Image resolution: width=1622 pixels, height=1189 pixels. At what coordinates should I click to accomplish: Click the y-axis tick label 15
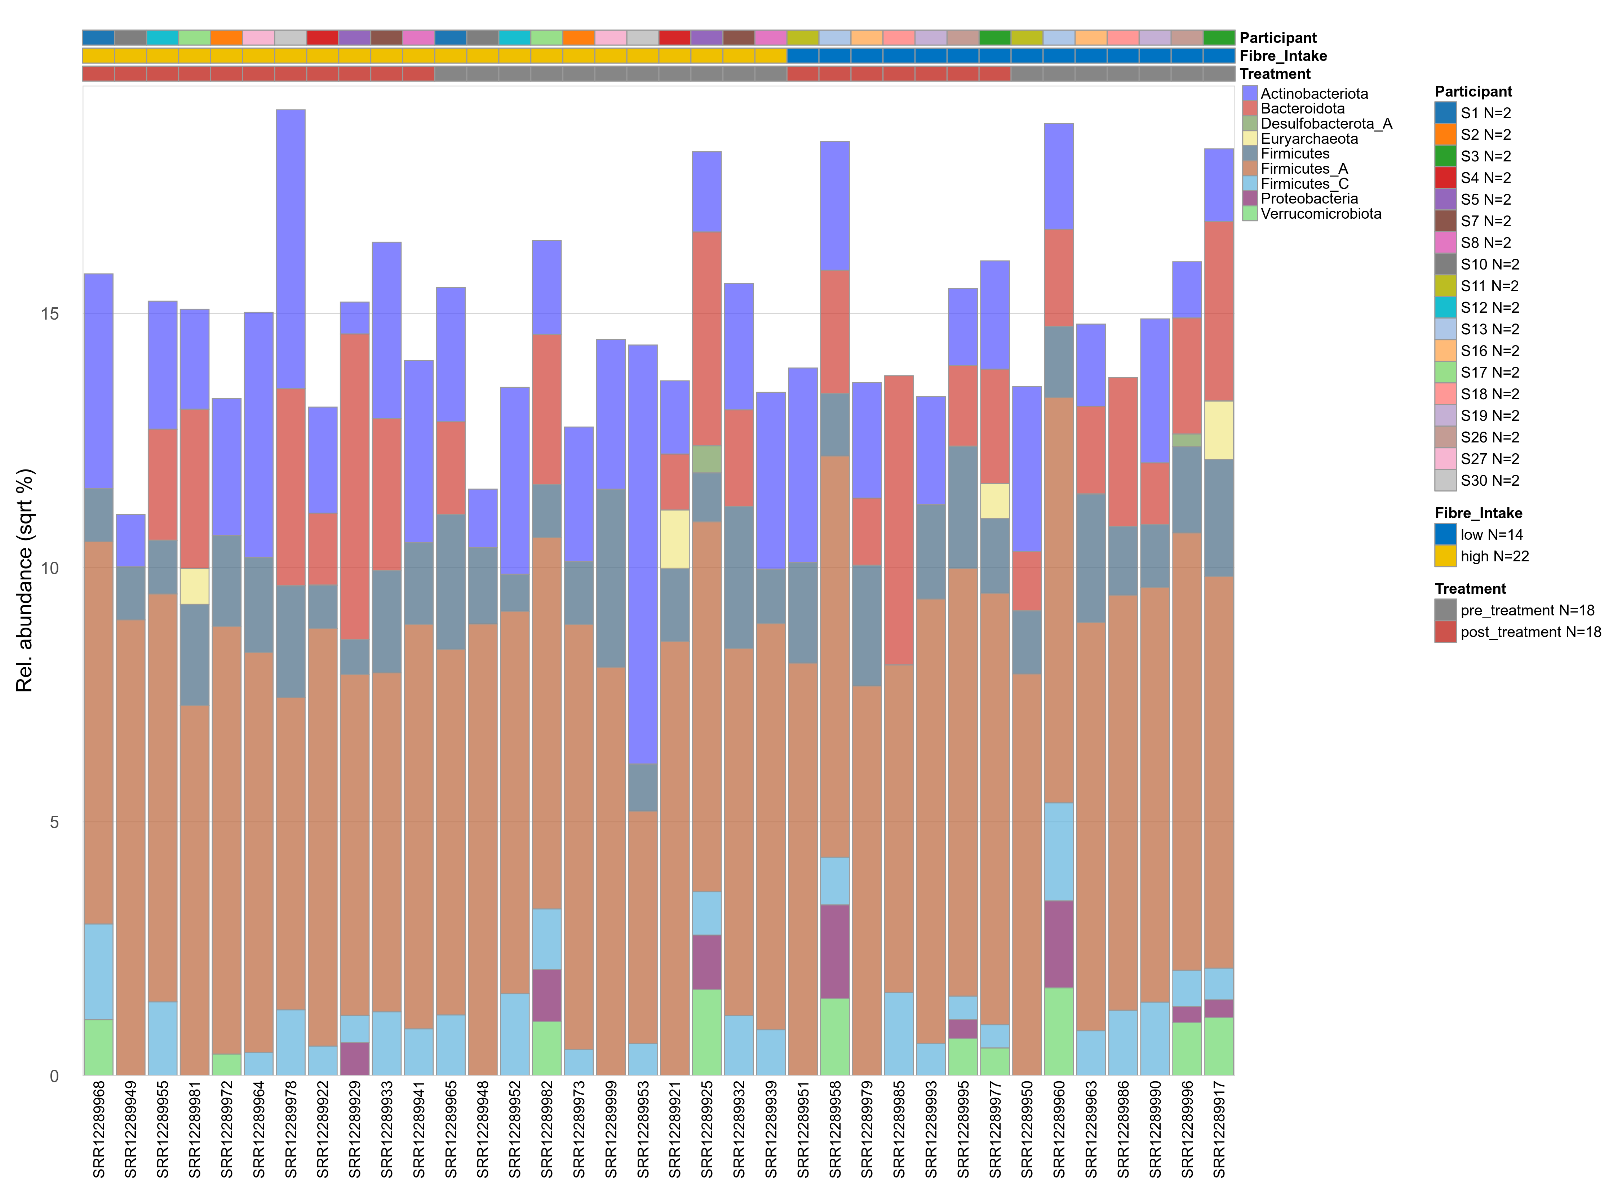(x=50, y=314)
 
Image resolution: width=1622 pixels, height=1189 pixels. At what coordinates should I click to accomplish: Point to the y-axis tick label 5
(x=54, y=822)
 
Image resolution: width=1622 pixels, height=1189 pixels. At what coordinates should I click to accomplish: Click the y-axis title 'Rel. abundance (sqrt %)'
(x=25, y=580)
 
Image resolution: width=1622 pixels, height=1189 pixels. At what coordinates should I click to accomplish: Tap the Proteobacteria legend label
(x=1309, y=199)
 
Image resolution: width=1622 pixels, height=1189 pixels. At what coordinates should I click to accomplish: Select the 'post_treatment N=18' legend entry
(x=1530, y=632)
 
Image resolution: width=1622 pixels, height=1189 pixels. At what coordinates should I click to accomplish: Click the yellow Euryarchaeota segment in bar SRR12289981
(x=194, y=587)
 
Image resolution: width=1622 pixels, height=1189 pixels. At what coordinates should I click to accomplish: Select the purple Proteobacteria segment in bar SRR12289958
(x=834, y=952)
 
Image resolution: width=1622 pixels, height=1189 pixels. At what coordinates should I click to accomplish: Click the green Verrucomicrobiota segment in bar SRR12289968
(x=99, y=1047)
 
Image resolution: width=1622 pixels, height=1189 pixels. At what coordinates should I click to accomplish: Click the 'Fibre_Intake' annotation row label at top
(x=1283, y=56)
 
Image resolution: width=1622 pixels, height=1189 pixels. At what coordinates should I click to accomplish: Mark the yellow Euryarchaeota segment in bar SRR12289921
(x=675, y=539)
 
